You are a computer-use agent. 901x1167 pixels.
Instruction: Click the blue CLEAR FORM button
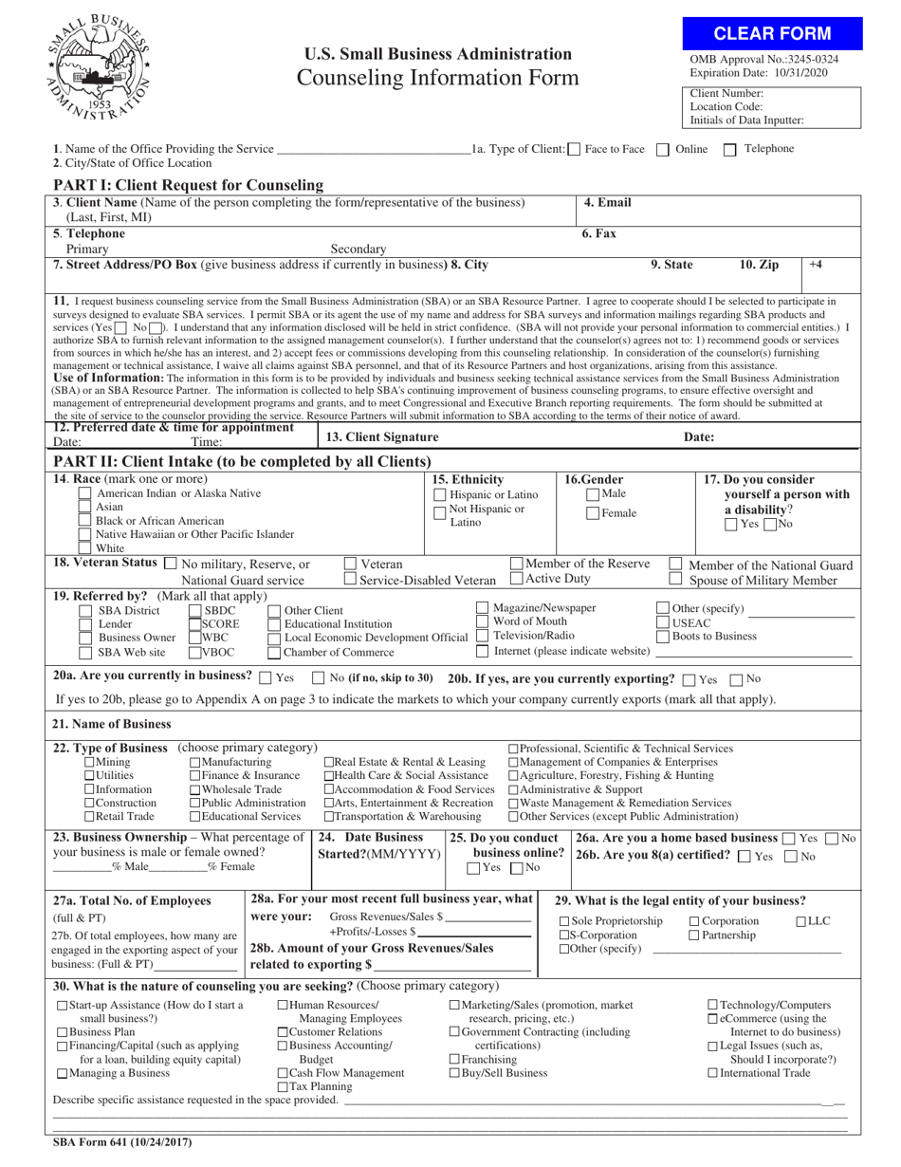(772, 34)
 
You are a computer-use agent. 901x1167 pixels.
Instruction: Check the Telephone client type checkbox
(730, 149)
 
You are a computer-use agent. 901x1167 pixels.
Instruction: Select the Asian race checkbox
(85, 508)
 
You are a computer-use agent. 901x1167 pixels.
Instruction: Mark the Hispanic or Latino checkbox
(440, 495)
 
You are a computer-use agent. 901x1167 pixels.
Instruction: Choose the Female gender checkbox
(593, 513)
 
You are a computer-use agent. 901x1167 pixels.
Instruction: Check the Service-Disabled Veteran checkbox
(350, 580)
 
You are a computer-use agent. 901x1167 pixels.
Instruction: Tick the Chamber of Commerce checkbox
(274, 652)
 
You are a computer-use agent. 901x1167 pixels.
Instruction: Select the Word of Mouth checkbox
(483, 621)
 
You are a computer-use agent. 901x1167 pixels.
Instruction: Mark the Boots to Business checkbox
(663, 637)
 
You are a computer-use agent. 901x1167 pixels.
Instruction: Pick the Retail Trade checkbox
(89, 816)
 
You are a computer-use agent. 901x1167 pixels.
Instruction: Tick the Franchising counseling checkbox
(454, 1059)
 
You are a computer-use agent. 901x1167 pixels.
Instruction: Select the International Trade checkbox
(713, 1073)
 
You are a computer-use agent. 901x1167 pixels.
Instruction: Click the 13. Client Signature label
(382, 437)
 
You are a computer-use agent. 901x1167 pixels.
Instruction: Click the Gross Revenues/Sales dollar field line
(487, 917)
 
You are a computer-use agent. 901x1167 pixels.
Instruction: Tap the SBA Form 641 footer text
(122, 1142)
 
